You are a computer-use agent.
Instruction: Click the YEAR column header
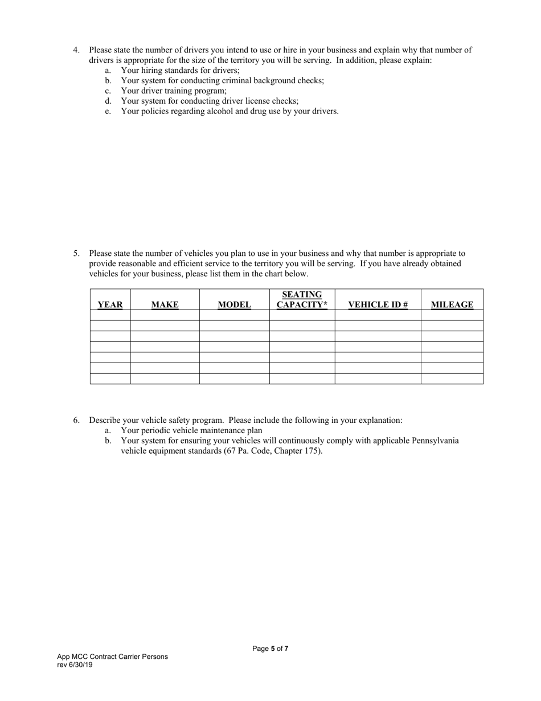110,304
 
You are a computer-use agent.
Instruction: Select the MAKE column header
165,304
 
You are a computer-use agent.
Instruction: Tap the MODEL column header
234,304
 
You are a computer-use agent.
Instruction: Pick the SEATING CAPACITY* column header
302,300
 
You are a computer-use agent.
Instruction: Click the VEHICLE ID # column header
378,304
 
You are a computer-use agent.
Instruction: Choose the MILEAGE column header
452,304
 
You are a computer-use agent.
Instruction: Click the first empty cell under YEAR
110,315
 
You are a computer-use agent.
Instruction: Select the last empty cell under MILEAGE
452,378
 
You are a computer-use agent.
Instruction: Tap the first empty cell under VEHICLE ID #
378,315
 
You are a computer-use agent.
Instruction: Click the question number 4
76,50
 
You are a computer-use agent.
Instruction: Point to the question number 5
76,254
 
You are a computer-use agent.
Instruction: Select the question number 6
76,421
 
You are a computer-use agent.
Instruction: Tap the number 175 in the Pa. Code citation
311,451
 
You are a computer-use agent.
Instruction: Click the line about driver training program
174,91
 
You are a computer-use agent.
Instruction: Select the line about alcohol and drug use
229,111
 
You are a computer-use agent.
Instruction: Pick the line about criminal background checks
222,80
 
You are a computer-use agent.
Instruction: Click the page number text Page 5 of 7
270,649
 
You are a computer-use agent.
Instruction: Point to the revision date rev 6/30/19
75,665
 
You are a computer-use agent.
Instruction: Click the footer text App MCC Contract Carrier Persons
112,657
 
